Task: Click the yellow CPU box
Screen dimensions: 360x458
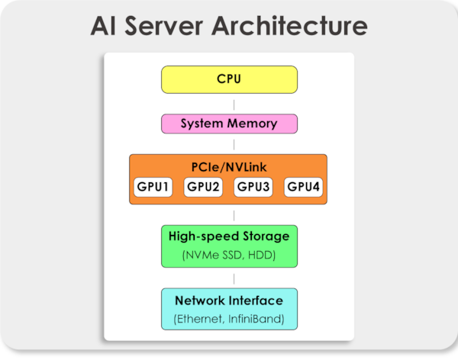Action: (229, 79)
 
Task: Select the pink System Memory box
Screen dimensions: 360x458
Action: (229, 124)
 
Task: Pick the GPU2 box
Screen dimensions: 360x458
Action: (204, 187)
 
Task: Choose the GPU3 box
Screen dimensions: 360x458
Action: (253, 187)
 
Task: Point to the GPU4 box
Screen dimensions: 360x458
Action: (303, 187)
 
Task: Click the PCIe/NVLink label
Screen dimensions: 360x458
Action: (229, 167)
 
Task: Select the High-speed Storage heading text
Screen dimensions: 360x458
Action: (229, 237)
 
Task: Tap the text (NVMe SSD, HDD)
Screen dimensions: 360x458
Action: (229, 255)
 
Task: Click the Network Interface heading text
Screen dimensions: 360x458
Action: (229, 300)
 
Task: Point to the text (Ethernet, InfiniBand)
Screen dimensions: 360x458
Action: (229, 317)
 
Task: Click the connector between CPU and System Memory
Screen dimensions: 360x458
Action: (233, 104)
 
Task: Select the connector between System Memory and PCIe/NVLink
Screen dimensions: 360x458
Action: (233, 143)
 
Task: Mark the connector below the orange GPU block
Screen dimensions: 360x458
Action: (233, 215)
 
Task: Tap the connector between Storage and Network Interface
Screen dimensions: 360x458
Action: (233, 278)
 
